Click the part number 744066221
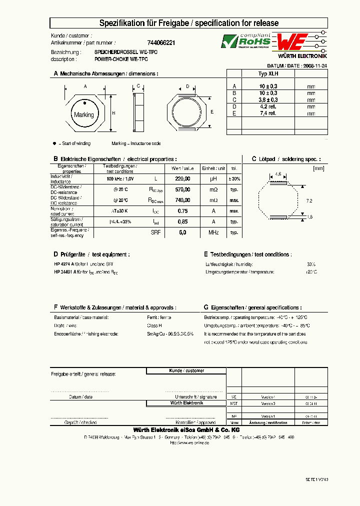161,43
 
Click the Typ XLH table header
268,73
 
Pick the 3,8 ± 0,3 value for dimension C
268,100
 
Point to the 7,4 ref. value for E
268,113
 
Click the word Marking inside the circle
83,115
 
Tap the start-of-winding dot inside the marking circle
85,103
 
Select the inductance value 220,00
183,178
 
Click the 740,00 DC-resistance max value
183,200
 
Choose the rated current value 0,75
183,211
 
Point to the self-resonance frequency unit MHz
213,232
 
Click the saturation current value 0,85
183,221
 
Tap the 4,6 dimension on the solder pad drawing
278,174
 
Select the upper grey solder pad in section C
278,183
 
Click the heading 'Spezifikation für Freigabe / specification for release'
189,23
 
